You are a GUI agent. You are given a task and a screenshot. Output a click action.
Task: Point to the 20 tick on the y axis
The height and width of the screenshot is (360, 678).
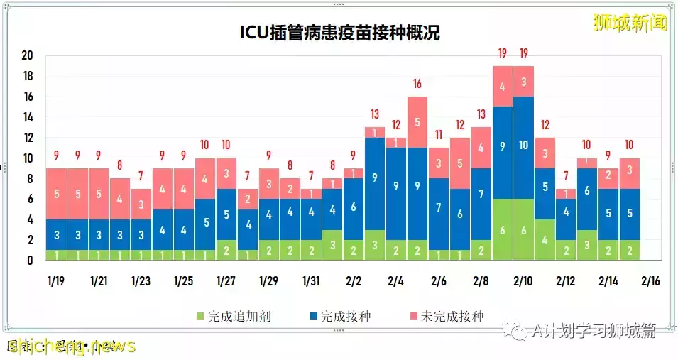(x=28, y=55)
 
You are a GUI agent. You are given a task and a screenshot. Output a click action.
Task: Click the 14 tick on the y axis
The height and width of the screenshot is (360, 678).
(x=28, y=117)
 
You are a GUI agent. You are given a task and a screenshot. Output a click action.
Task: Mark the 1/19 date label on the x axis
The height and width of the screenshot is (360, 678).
(x=57, y=281)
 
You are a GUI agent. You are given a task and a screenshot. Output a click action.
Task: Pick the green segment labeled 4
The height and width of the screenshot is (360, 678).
(x=545, y=240)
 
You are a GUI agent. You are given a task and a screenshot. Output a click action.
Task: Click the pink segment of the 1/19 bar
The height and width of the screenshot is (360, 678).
(x=57, y=193)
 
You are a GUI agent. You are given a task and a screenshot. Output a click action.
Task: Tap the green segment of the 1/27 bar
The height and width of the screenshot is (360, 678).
(x=226, y=250)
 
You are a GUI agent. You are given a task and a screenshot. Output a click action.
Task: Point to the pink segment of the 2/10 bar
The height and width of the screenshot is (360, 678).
(x=524, y=81)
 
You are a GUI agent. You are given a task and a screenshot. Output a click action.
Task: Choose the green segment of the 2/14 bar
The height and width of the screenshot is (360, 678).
(x=608, y=250)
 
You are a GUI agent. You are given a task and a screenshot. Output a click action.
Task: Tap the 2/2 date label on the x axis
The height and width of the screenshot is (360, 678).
(x=354, y=281)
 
